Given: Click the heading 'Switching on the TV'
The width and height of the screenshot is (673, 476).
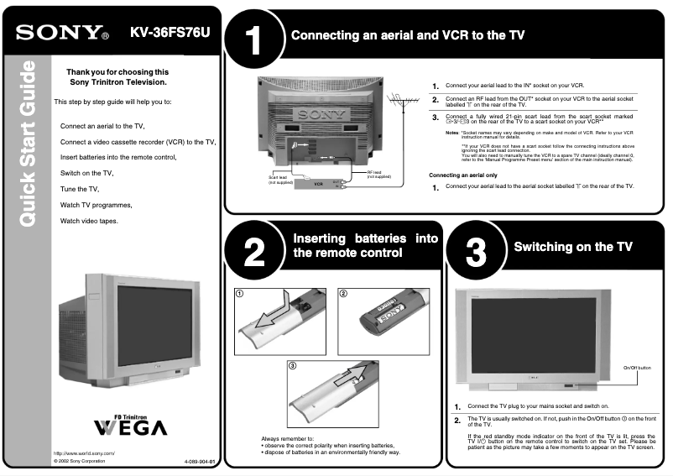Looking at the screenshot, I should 573,247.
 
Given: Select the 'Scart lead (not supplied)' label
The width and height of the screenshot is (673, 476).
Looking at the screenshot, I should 280,180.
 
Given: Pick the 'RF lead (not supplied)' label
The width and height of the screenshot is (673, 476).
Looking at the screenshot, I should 379,175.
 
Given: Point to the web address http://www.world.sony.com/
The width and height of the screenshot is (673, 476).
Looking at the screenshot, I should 84,453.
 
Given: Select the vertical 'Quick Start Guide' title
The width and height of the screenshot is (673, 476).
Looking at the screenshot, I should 27,143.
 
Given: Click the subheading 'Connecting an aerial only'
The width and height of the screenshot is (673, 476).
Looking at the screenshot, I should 463,175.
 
